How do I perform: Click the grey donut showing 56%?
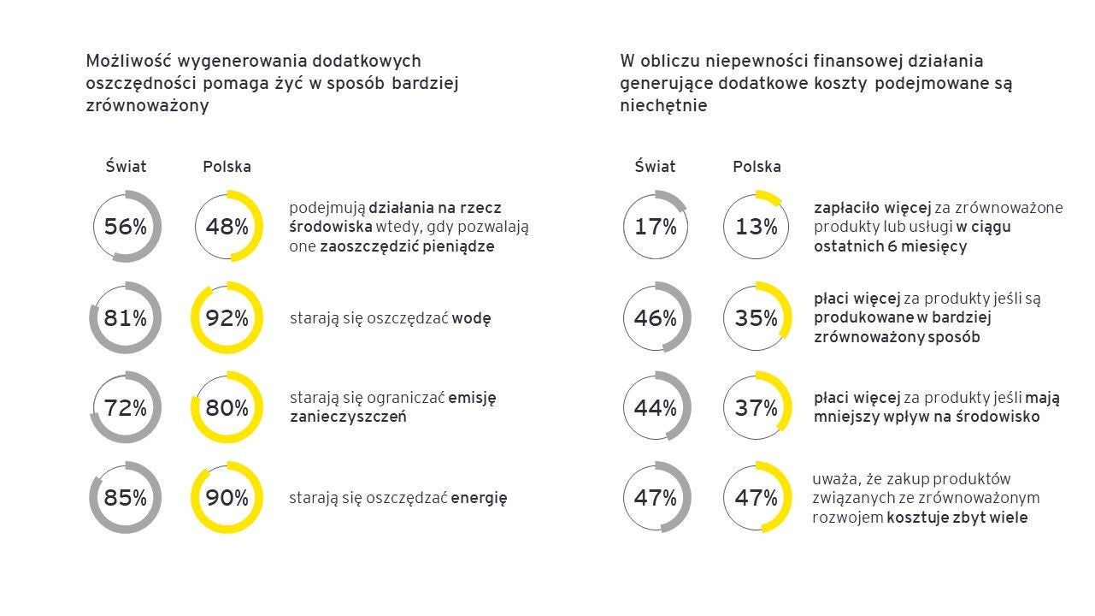coord(126,227)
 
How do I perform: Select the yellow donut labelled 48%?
coord(227,227)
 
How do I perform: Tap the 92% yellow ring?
coord(227,318)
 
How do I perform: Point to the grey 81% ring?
coord(126,318)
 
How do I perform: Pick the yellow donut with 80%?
coord(227,408)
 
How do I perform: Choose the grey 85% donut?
coord(126,497)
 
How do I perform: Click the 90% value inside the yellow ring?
coord(227,497)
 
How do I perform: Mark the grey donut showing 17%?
coord(656,227)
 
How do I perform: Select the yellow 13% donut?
coord(756,227)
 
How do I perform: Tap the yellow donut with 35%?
coord(756,318)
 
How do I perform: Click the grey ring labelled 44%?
coord(656,408)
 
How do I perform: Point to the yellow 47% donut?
coord(756,497)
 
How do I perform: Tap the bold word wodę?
coord(471,319)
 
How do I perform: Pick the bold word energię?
coord(479,498)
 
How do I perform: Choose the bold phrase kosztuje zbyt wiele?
coord(957,518)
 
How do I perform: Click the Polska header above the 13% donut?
coord(756,167)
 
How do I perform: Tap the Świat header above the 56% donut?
coord(126,167)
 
